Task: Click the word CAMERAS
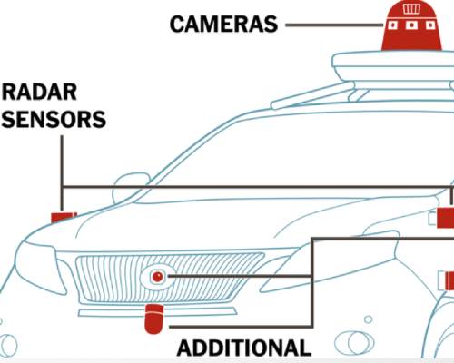coord(223,25)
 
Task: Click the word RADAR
coord(39,93)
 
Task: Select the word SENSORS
coord(54,119)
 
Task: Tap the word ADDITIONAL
coord(244,348)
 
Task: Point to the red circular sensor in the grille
coord(157,277)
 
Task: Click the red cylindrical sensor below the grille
coord(154,319)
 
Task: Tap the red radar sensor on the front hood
coord(64,217)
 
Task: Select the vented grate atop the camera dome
coord(411,9)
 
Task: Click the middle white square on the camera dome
coord(411,25)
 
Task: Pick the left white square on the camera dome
coord(392,25)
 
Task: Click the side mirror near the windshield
coord(129,188)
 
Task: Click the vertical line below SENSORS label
coord(62,172)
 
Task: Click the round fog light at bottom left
coord(7,346)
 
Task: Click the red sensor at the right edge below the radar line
coord(449,280)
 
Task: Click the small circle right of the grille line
coord(369,319)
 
